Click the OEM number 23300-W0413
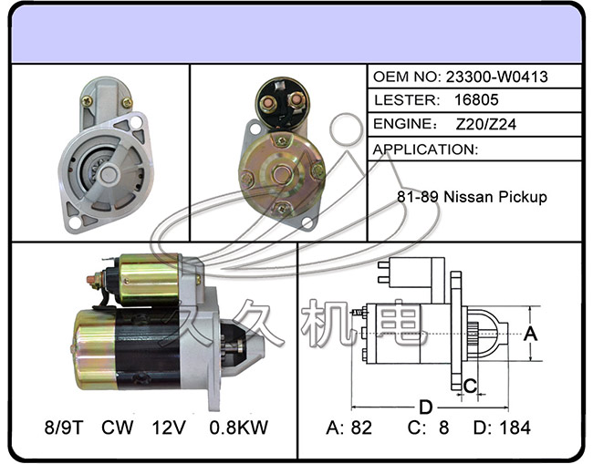[497, 77]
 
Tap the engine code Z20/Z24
[485, 125]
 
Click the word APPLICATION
[426, 149]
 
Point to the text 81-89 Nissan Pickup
[472, 197]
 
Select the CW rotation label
[118, 427]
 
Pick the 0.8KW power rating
[238, 427]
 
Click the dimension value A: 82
[349, 427]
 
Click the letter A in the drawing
[534, 334]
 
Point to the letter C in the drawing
[470, 386]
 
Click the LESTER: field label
[402, 100]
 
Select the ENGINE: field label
[403, 125]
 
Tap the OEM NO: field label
[407, 77]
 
